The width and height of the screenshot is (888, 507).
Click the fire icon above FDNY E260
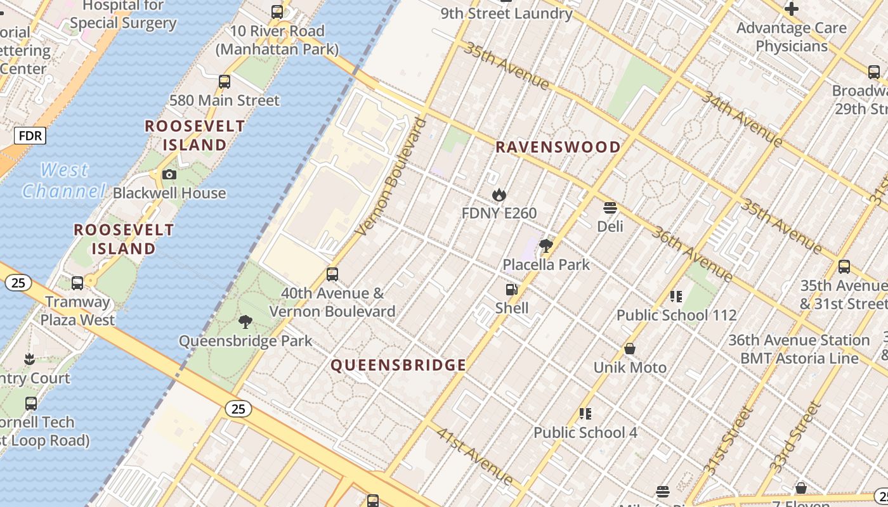499,195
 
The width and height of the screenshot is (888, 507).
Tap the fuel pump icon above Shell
511,290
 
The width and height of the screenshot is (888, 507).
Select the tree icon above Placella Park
545,246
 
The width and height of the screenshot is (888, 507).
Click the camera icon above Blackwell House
169,175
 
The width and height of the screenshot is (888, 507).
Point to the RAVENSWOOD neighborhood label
558,147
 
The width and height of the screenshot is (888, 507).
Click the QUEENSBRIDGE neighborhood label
398,365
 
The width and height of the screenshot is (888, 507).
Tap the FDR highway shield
30,136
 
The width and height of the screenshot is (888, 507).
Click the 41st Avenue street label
474,454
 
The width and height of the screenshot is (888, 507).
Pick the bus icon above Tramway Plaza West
77,283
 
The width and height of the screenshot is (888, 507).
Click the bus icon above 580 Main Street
224,82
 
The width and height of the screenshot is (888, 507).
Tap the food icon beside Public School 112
676,297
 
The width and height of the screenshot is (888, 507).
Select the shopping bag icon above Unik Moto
630,349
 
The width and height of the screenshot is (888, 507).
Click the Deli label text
610,226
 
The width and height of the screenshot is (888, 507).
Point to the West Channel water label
63,181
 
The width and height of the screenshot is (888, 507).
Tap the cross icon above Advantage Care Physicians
791,9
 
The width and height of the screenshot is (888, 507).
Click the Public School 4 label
585,433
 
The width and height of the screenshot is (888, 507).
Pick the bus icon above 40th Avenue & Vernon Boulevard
332,274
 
